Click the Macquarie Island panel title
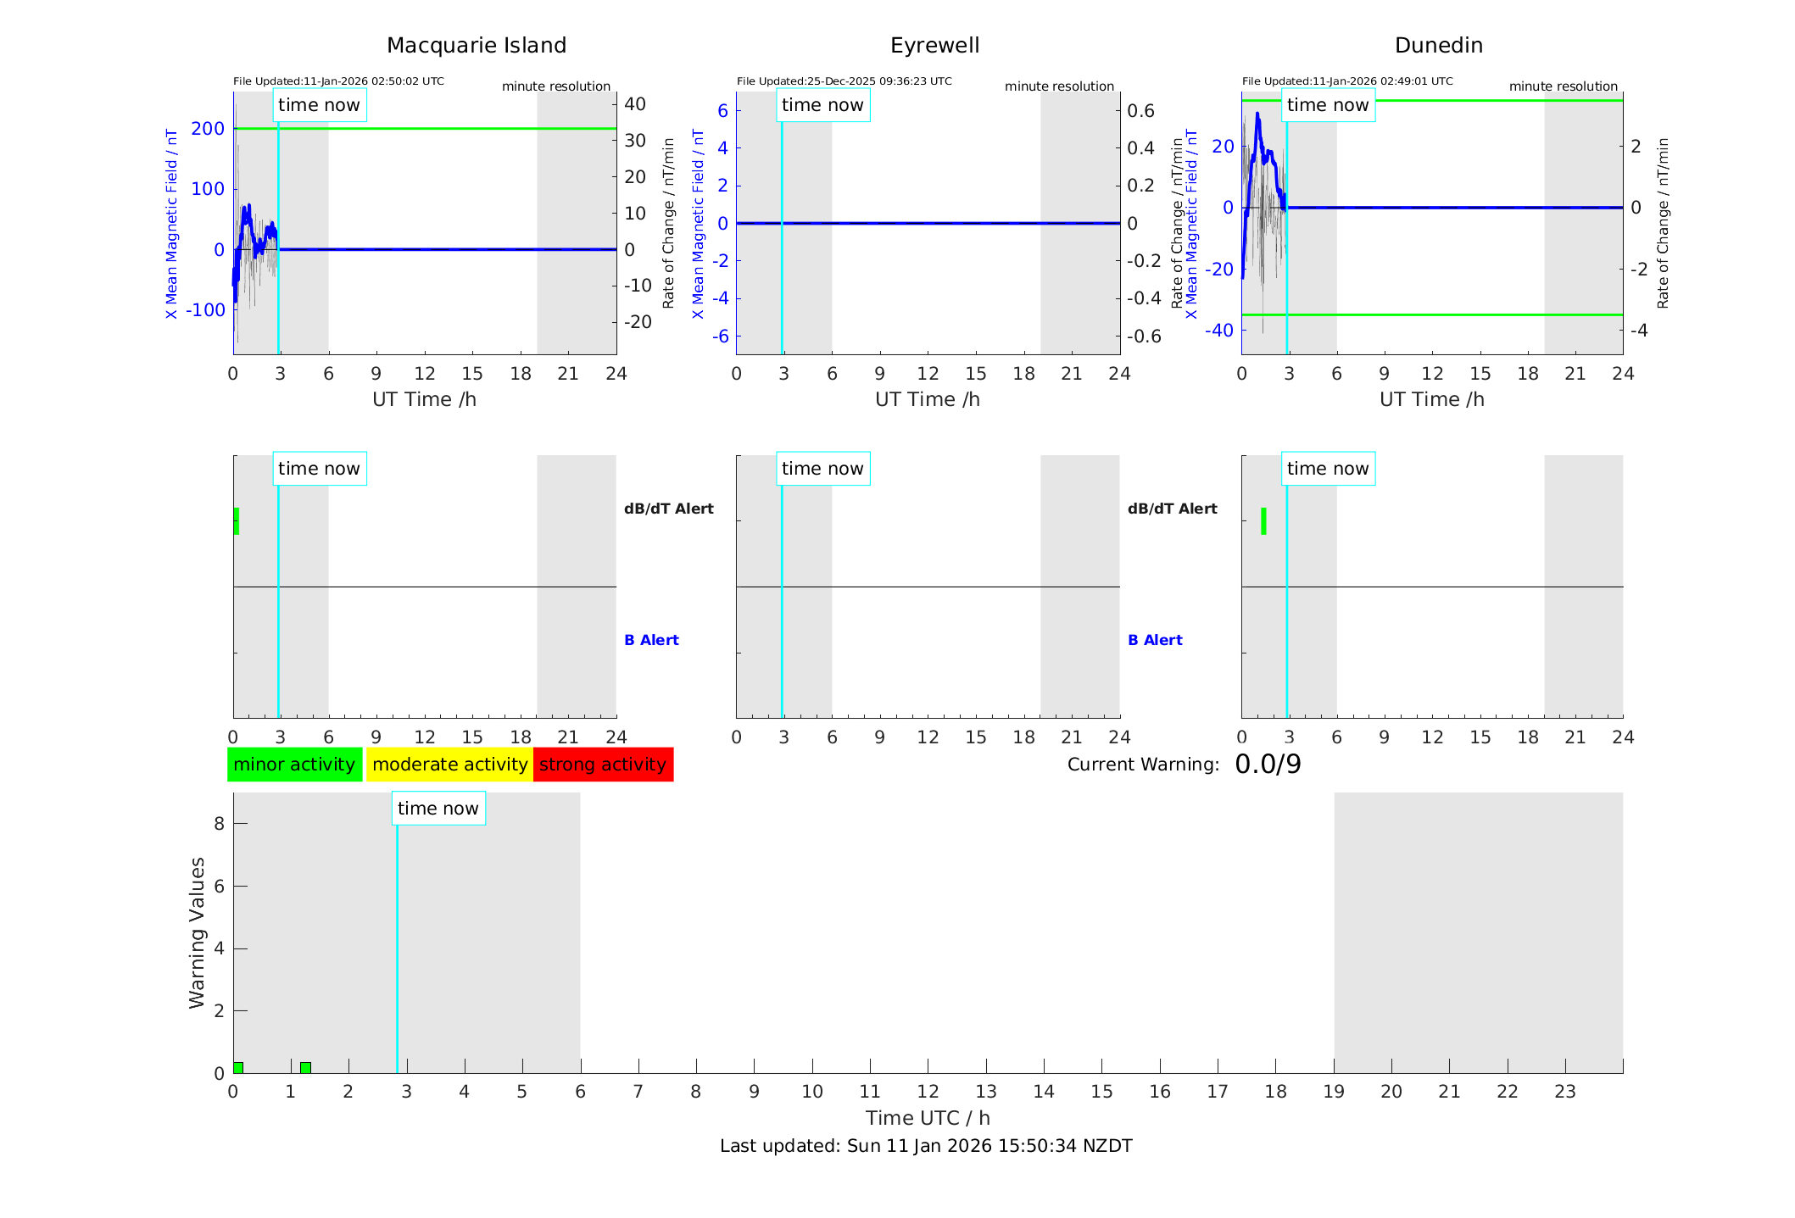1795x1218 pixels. click(477, 46)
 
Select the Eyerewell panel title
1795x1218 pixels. click(934, 46)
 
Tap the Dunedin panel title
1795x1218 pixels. click(1438, 46)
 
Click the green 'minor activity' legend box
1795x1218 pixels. click(294, 765)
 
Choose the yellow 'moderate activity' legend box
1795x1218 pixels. click(449, 765)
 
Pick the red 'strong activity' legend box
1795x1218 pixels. click(603, 765)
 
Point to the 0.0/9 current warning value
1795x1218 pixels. click(1268, 765)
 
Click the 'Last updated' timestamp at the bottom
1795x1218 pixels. click(926, 1146)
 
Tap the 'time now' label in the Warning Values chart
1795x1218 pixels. click(438, 809)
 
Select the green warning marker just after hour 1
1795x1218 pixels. click(305, 1067)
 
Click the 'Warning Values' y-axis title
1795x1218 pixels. click(197, 932)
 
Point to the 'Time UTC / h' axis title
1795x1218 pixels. click(928, 1118)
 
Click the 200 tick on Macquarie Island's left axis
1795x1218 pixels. click(208, 129)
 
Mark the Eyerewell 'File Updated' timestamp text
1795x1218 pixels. click(844, 81)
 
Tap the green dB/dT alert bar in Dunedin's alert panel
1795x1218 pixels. click(1263, 521)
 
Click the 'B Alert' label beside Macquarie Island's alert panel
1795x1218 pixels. click(651, 640)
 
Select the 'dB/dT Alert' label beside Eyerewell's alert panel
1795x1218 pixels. click(1172, 509)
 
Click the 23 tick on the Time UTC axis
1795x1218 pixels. click(1564, 1092)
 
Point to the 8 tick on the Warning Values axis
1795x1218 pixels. click(219, 823)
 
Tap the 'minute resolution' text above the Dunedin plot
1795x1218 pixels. click(1563, 86)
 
